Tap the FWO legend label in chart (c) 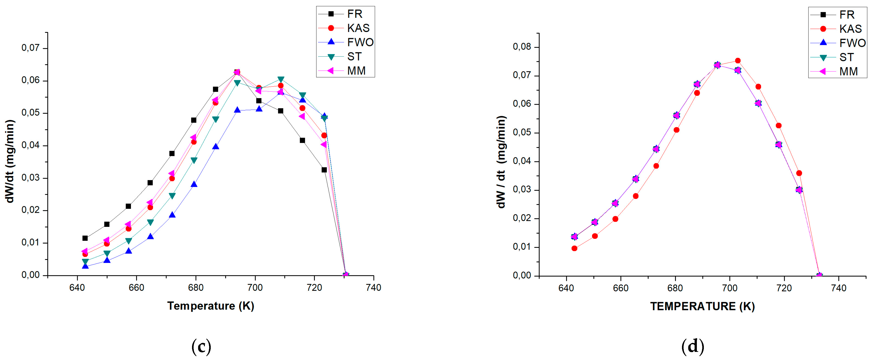pyautogui.click(x=360, y=42)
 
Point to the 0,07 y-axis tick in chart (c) pyautogui.click(x=30, y=48)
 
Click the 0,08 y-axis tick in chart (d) pyautogui.click(x=522, y=46)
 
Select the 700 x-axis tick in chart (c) pyautogui.click(x=255, y=288)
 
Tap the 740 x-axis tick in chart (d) pyautogui.click(x=838, y=288)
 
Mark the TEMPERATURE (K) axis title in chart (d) pyautogui.click(x=702, y=306)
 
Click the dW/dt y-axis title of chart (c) pyautogui.click(x=10, y=161)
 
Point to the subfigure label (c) pyautogui.click(x=201, y=347)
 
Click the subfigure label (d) pyautogui.click(x=693, y=347)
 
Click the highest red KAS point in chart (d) pyautogui.click(x=738, y=61)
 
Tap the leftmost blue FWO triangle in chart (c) pyautogui.click(x=85, y=266)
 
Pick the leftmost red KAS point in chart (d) pyautogui.click(x=574, y=248)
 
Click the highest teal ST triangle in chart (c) pyautogui.click(x=281, y=79)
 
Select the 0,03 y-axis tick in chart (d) pyautogui.click(x=522, y=190)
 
